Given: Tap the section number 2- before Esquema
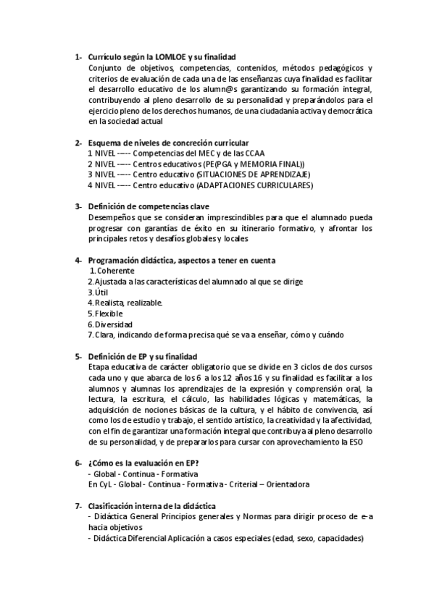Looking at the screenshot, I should (78, 143).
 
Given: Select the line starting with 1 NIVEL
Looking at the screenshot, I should (166, 153).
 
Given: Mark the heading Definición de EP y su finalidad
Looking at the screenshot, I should (142, 356).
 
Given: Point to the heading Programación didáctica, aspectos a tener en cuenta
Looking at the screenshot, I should (181, 260).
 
